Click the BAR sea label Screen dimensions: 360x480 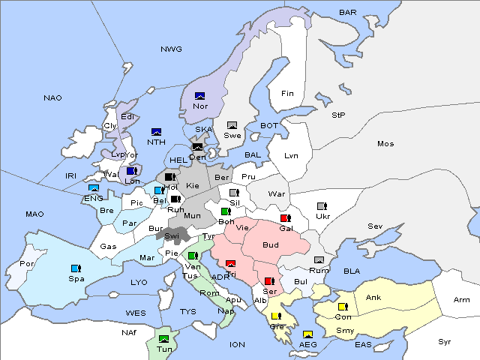pyautogui.click(x=348, y=13)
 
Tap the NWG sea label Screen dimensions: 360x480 pyautogui.click(x=171, y=49)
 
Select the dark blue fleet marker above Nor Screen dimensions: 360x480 pyautogui.click(x=199, y=96)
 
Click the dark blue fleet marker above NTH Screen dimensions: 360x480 pyautogui.click(x=157, y=132)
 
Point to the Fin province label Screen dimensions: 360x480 pyautogui.click(x=287, y=94)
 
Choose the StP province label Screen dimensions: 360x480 pyautogui.click(x=338, y=115)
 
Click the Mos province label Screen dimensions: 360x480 pyautogui.click(x=385, y=144)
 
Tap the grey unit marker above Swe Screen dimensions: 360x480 pyautogui.click(x=232, y=125)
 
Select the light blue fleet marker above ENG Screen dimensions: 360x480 pyautogui.click(x=94, y=188)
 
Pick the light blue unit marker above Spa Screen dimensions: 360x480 pyautogui.click(x=76, y=268)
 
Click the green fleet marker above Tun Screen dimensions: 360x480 pyautogui.click(x=163, y=339)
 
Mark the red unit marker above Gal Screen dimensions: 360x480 pyautogui.click(x=285, y=218)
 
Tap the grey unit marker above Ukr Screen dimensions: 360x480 pyautogui.click(x=322, y=206)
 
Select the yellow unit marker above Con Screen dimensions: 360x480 pyautogui.click(x=343, y=307)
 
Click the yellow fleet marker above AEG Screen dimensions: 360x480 pyautogui.click(x=307, y=334)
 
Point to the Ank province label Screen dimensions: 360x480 pyautogui.click(x=373, y=298)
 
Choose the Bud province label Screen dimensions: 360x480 pyautogui.click(x=271, y=245)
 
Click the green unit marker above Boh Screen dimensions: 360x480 pyautogui.click(x=226, y=211)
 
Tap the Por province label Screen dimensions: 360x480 pyautogui.click(x=27, y=264)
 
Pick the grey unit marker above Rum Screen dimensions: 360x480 pyautogui.click(x=319, y=260)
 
